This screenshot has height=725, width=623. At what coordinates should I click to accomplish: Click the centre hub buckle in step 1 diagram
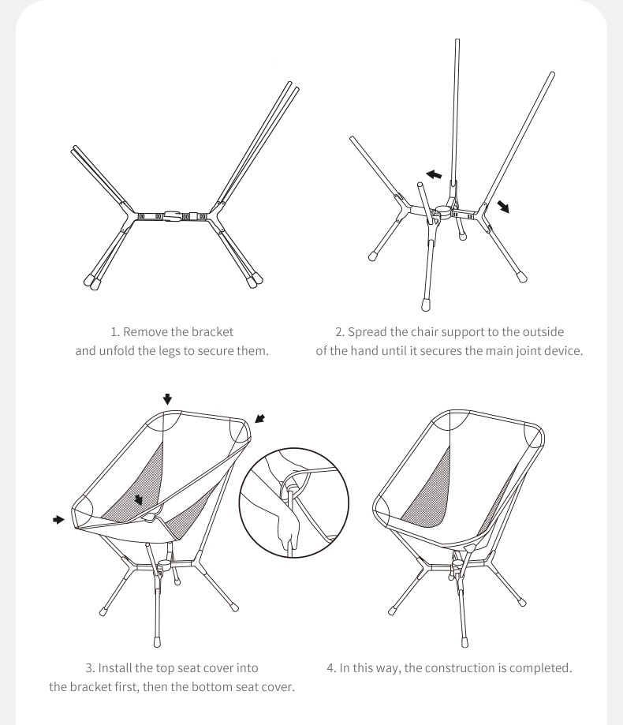tap(171, 216)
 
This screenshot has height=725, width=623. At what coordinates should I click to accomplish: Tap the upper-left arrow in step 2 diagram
tap(434, 174)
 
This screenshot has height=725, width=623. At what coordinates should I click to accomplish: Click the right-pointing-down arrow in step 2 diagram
tap(503, 206)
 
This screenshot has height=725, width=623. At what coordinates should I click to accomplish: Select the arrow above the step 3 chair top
tap(167, 399)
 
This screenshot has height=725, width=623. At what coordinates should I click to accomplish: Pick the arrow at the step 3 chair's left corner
tap(58, 520)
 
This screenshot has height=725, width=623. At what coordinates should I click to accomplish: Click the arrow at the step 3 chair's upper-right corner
tap(260, 418)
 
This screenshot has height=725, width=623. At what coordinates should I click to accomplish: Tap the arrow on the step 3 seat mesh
tap(139, 500)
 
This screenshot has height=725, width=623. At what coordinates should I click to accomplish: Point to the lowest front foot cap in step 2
tap(426, 305)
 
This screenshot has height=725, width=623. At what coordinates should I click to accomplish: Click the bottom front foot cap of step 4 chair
tap(465, 642)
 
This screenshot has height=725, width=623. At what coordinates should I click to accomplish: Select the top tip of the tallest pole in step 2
tap(457, 40)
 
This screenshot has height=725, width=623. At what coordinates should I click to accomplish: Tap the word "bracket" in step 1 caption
tap(212, 332)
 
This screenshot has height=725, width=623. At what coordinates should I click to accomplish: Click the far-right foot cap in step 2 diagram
tap(522, 278)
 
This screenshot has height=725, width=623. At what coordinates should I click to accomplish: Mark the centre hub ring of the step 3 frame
tap(164, 565)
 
